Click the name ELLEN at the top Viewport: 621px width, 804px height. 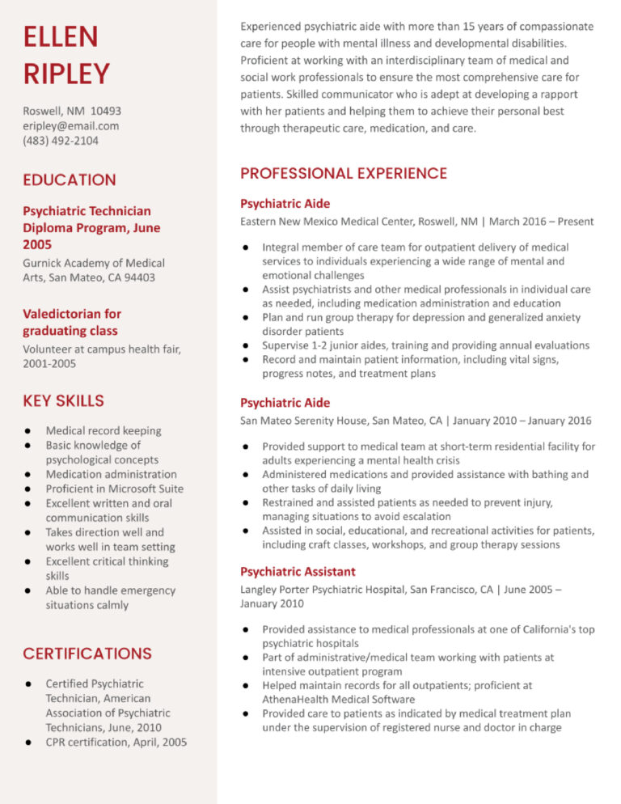point(61,36)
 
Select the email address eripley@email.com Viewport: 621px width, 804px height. point(71,125)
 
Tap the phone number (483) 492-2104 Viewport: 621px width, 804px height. point(61,141)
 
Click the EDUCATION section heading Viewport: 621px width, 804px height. point(70,180)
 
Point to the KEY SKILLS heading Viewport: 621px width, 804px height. point(63,400)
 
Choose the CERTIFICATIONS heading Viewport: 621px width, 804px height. point(87,653)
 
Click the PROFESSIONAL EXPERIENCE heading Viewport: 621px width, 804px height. point(344,173)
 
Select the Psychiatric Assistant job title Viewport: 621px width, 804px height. point(298,571)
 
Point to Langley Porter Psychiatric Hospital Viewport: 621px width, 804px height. point(323,590)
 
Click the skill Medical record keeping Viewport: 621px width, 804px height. point(103,430)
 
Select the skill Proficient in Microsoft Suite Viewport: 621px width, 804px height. point(115,489)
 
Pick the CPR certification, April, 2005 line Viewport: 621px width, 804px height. point(116,742)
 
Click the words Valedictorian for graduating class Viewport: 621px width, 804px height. point(71,322)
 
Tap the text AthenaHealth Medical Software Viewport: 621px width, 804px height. point(338,699)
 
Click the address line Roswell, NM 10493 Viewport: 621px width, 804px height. point(72,110)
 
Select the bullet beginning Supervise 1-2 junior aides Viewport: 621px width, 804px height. point(425,345)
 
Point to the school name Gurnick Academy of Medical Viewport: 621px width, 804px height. point(94,263)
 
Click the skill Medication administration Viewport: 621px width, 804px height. point(111,474)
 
